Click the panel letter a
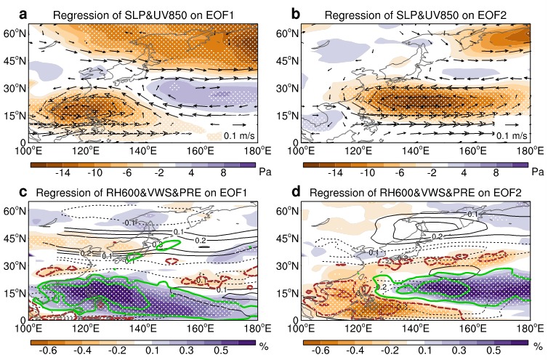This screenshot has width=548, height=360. tap(23, 15)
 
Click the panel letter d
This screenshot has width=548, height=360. tap(296, 192)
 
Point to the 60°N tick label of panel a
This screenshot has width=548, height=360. tap(15, 33)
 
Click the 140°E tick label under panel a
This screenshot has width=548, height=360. tap(144, 151)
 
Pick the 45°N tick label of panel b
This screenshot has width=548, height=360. tap(287, 61)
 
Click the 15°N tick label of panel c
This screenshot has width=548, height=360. tap(15, 293)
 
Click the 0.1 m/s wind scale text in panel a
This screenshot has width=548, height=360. tap(239, 135)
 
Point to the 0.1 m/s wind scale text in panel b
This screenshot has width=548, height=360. tap(512, 135)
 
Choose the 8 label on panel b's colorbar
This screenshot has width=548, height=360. tap(496, 172)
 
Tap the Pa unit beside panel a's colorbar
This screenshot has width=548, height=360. tap(265, 172)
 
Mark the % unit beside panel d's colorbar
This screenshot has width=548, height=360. tap(539, 347)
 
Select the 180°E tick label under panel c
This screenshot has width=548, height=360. tap(258, 329)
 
